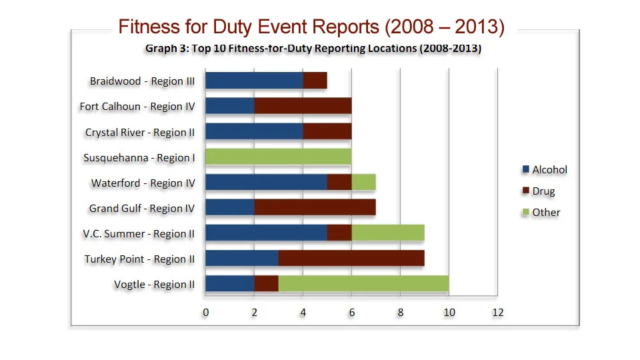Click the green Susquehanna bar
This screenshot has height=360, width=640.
click(x=278, y=157)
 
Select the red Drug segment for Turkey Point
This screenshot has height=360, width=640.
click(x=351, y=259)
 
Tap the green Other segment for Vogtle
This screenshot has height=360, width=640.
click(x=363, y=284)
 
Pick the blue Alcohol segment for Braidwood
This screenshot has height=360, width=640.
click(x=254, y=81)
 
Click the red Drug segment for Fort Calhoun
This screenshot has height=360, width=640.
click(x=303, y=107)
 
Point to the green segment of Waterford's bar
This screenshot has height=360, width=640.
click(x=363, y=183)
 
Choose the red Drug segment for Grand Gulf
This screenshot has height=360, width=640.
click(x=315, y=208)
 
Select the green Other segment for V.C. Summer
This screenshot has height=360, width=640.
click(x=388, y=233)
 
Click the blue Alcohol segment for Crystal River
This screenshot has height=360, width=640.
click(x=254, y=132)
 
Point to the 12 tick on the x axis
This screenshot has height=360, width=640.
click(x=497, y=313)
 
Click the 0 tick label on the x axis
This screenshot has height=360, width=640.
click(x=206, y=313)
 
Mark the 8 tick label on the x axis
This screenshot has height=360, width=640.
click(x=400, y=313)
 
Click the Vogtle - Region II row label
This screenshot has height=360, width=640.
click(x=154, y=285)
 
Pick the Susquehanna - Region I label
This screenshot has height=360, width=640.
click(x=139, y=158)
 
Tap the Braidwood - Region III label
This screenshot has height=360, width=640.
click(x=142, y=81)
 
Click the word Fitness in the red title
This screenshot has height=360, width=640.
click(x=149, y=27)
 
